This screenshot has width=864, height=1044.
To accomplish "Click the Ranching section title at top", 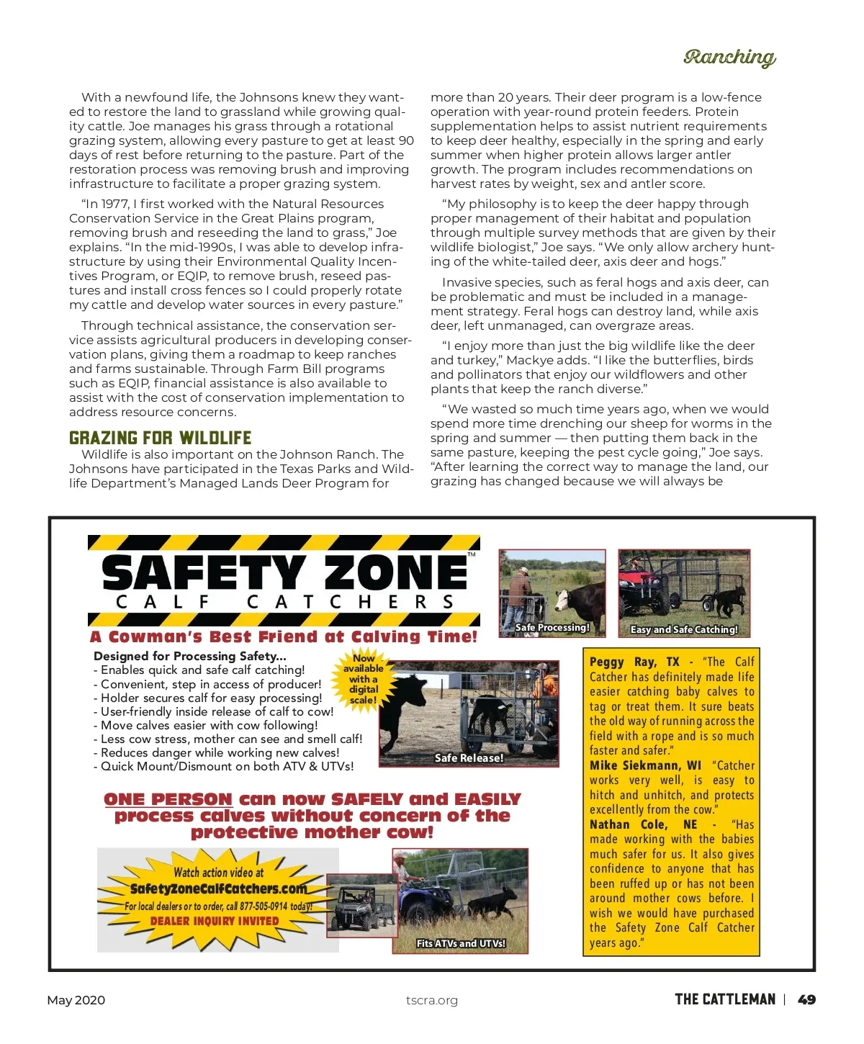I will (x=729, y=57).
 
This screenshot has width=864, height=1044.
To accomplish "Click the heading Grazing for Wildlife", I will (x=160, y=438).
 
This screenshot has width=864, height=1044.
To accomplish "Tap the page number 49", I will (x=807, y=999).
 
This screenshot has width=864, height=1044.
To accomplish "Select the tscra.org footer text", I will (x=431, y=1000).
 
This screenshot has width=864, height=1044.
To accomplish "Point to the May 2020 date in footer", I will (x=76, y=1000).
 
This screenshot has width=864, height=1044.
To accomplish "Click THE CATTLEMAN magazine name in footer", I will (x=725, y=999).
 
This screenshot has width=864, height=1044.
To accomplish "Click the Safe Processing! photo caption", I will (x=552, y=628).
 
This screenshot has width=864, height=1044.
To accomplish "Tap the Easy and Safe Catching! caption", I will (x=684, y=629).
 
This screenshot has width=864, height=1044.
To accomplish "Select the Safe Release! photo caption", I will (x=469, y=758).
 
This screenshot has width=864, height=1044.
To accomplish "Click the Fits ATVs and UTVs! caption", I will (x=461, y=943).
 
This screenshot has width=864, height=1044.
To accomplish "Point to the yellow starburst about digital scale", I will (x=364, y=679).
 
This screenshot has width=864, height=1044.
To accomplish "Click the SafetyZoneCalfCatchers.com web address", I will (x=218, y=888).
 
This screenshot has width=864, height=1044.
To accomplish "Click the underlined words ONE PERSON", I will (x=168, y=799).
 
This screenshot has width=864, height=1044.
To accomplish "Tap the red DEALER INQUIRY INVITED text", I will (x=215, y=921).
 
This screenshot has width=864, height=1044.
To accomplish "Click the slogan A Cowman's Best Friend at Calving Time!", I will (x=284, y=636).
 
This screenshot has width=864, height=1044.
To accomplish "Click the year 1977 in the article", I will (x=115, y=204).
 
